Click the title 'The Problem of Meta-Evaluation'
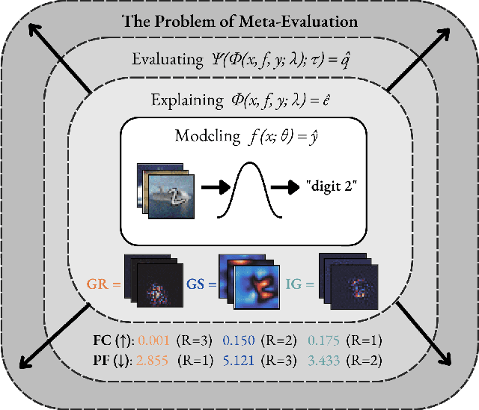(x=239, y=21)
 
